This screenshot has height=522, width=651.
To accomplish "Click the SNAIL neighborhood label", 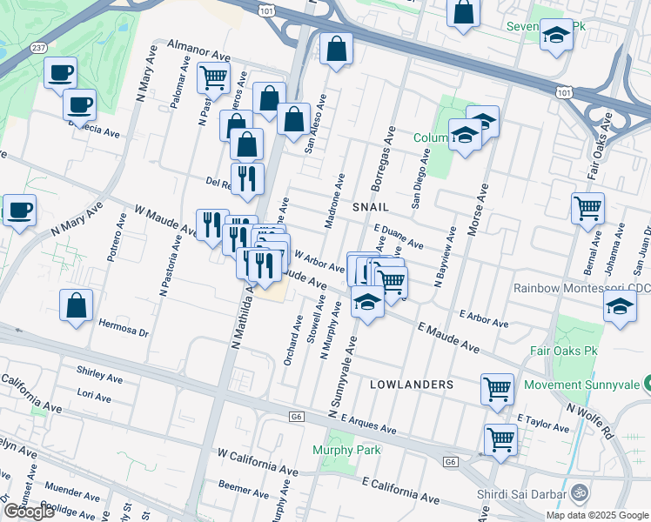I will click(370, 208).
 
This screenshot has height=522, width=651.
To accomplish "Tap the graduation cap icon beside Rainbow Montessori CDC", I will click(619, 306).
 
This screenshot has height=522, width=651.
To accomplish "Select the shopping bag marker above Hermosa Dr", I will click(77, 305).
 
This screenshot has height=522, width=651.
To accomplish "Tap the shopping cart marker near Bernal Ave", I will click(588, 209).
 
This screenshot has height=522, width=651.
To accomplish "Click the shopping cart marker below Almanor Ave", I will click(213, 77).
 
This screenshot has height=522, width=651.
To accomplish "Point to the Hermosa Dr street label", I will click(124, 332).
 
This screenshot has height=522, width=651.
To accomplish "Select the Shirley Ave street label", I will click(99, 378).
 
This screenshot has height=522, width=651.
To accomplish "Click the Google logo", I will click(30, 512).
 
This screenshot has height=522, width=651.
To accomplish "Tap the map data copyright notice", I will click(596, 515).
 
